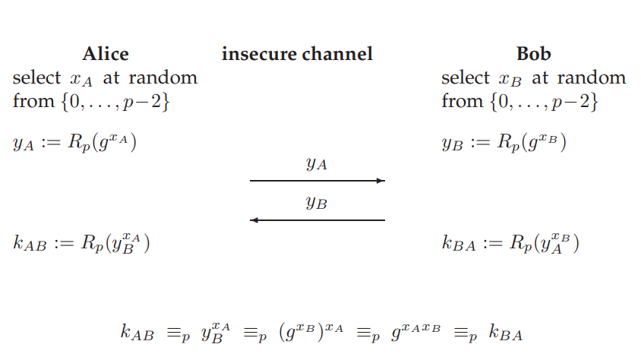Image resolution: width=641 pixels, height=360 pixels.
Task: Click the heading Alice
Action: [x=105, y=54]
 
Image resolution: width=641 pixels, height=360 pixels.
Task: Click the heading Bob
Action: [x=533, y=54]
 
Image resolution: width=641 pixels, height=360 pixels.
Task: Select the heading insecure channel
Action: [x=297, y=54]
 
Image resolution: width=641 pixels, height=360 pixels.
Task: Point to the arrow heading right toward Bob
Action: [x=317, y=181]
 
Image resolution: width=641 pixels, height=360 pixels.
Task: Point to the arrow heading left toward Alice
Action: [x=317, y=220]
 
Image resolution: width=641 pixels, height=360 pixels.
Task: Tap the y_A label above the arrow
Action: [x=317, y=164]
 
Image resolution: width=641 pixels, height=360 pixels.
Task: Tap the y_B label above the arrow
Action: [x=317, y=204]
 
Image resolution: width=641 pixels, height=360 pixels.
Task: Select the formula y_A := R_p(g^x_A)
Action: [x=75, y=143]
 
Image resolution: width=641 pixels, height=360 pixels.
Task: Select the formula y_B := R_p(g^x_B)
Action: [x=504, y=143]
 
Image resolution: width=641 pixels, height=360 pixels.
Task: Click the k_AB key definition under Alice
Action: [x=81, y=244]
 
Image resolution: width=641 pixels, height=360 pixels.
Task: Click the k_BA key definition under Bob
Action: [x=510, y=244]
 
